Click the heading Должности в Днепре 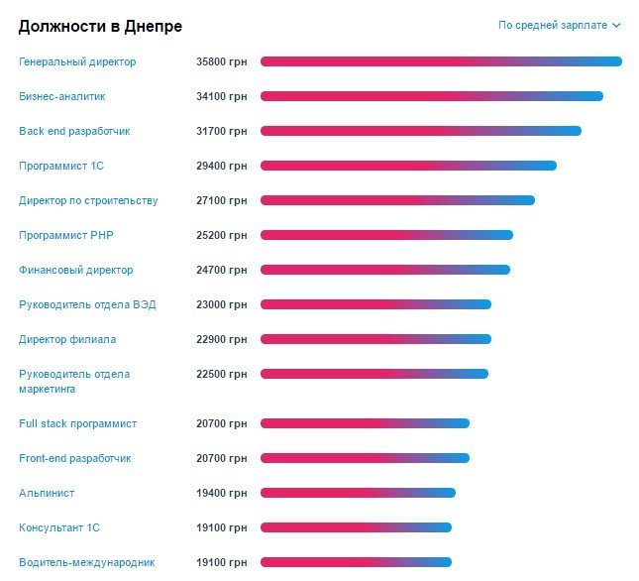pos(100,26)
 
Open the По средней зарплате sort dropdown pos(559,25)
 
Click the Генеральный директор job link pos(77,61)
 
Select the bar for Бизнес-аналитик pos(431,96)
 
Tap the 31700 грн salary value pos(221,131)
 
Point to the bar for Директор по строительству pos(397,200)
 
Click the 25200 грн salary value pos(221,235)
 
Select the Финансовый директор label pos(75,270)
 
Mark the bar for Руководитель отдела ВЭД pos(375,304)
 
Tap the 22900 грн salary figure pos(221,339)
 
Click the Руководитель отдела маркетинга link pos(74,381)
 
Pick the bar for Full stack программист pos(365,423)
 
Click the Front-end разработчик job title pos(74,458)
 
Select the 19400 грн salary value pos(221,493)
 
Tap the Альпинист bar pos(358,493)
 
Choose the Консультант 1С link pos(59,527)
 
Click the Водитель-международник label pos(86,562)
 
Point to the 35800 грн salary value pos(221,61)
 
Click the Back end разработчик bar pos(420,131)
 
